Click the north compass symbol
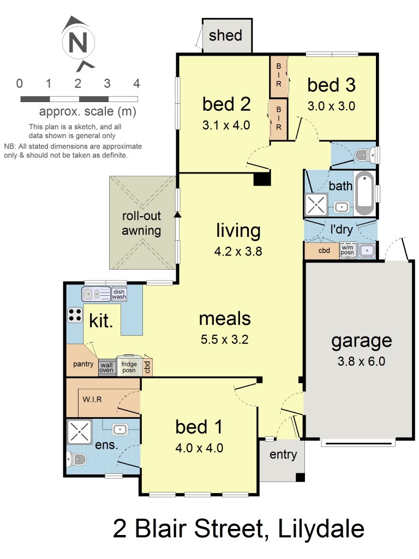pyautogui.click(x=78, y=43)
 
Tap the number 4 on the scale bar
pyautogui.click(x=136, y=84)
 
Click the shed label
pyautogui.click(x=225, y=36)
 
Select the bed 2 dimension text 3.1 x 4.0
pyautogui.click(x=226, y=125)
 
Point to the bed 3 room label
pyautogui.click(x=331, y=85)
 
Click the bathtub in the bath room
pyautogui.click(x=364, y=194)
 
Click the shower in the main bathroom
pyautogui.click(x=316, y=205)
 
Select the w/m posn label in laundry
pyautogui.click(x=348, y=251)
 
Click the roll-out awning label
pyautogui.click(x=141, y=223)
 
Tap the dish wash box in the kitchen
pyautogui.click(x=119, y=294)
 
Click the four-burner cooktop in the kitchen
pyautogui.click(x=74, y=315)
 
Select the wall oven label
pyautogui.click(x=106, y=367)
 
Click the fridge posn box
pyautogui.click(x=129, y=366)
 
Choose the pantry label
pyautogui.click(x=83, y=364)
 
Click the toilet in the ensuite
pyautogui.click(x=76, y=459)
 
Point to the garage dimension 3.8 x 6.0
pyautogui.click(x=362, y=361)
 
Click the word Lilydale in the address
pyautogui.click(x=321, y=529)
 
